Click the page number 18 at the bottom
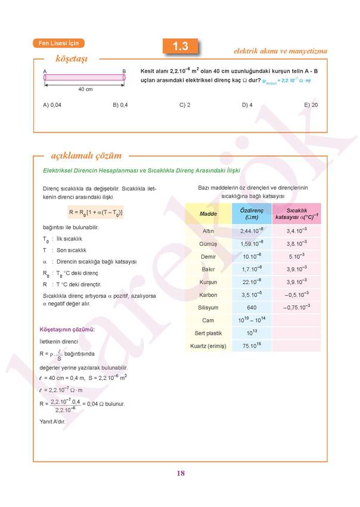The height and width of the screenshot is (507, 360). coord(181,474)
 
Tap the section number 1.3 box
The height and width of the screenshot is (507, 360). coord(180,46)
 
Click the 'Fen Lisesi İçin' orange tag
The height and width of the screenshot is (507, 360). coord(58,43)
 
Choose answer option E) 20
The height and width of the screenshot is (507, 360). coord(311,104)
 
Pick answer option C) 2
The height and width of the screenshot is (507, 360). coord(185,104)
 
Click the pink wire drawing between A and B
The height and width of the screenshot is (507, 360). coord(84,78)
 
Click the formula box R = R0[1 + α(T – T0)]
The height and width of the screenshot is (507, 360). coord(96,212)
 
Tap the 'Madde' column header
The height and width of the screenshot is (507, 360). coord(208,214)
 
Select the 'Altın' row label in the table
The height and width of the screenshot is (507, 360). coord(208,231)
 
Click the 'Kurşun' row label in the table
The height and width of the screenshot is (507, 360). coord(208,282)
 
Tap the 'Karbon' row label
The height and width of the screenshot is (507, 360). coord(208,295)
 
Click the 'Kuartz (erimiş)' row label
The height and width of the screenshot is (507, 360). coord(208,346)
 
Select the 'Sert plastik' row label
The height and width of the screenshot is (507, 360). coord(208,333)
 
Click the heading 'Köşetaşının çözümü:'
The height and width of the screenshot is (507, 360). coord(67,329)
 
